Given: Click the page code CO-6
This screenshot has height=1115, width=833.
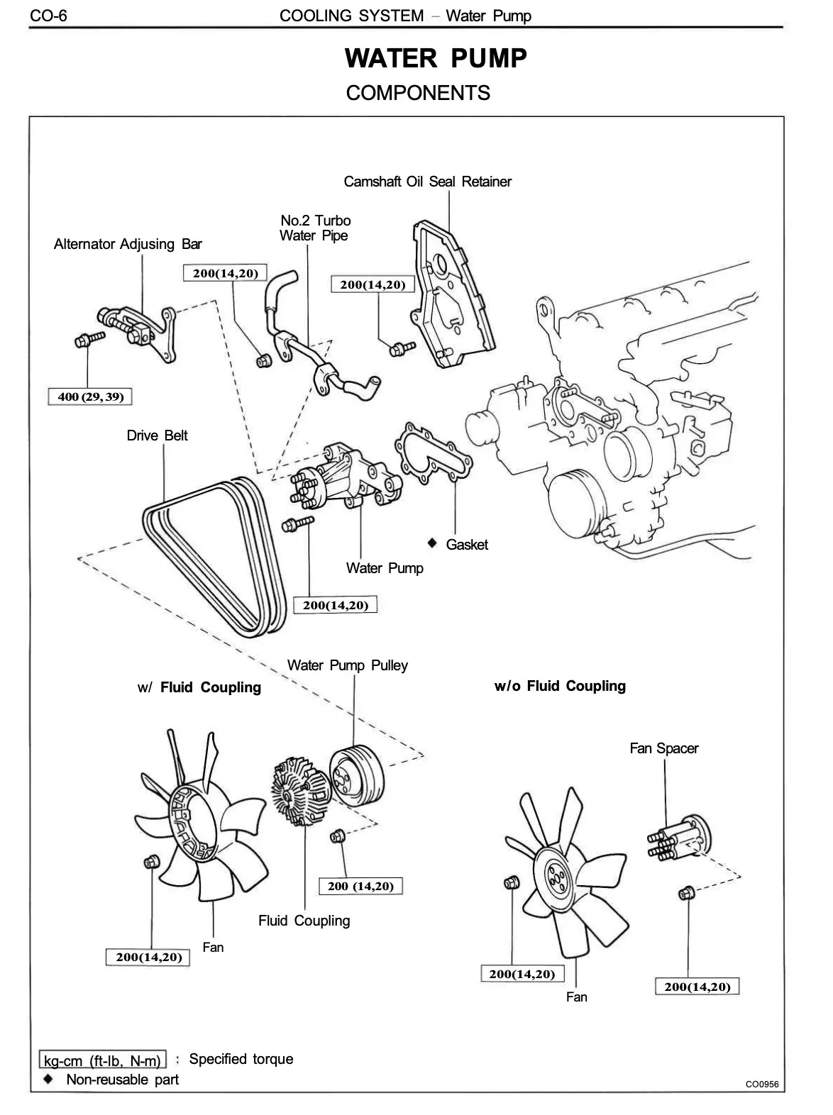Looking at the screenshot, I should [x=48, y=15].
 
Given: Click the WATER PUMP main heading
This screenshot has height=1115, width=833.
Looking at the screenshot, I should [x=436, y=58].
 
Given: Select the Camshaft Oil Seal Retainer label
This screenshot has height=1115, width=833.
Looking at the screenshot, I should [x=427, y=182].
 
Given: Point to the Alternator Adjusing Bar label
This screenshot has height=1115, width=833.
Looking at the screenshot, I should [x=128, y=244].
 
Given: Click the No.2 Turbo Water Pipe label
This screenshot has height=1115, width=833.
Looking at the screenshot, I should [x=314, y=228].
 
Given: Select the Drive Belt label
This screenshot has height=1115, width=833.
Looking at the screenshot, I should [x=157, y=436].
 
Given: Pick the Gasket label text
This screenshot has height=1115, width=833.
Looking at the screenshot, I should [x=467, y=545].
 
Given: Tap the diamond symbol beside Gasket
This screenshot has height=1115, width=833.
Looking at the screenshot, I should [x=432, y=543].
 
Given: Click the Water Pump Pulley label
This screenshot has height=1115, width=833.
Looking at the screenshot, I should [x=347, y=665].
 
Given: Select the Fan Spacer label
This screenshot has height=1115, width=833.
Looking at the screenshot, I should [x=663, y=748].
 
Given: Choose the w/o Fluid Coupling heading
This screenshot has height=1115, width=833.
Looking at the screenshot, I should [x=560, y=686].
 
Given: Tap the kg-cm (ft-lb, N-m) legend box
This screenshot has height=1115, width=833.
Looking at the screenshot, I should [x=103, y=1060].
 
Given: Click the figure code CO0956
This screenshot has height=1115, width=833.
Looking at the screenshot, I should [x=761, y=1084].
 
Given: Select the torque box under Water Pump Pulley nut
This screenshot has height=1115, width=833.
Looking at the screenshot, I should [x=360, y=886].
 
